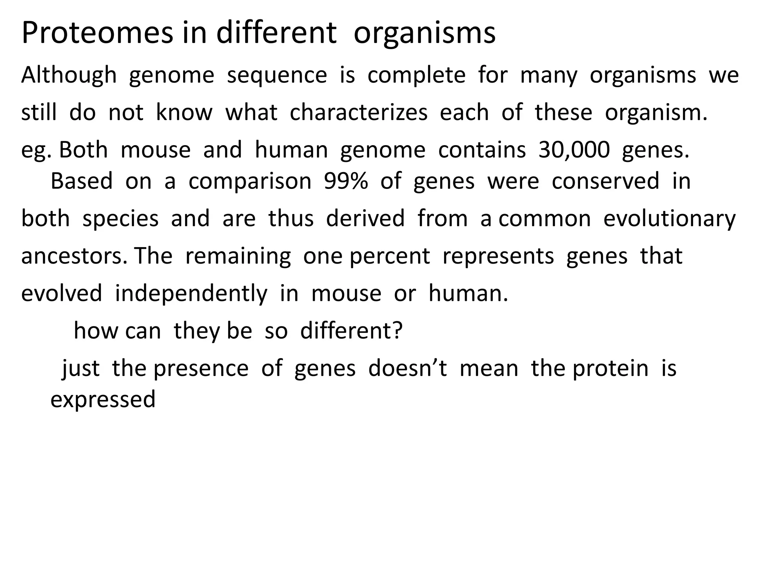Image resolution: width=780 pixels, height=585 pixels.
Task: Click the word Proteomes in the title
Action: (97, 33)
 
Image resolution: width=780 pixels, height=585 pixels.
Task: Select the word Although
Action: (69, 75)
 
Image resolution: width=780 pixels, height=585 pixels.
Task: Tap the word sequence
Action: (277, 75)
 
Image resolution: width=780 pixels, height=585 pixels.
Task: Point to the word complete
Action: (416, 75)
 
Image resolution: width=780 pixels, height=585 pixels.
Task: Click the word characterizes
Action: (358, 113)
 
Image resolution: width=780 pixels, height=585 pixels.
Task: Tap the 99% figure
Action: (346, 181)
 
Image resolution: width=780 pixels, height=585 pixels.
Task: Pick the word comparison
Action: (250, 182)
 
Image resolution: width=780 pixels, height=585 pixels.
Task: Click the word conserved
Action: (605, 181)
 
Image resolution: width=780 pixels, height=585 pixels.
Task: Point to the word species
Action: (120, 219)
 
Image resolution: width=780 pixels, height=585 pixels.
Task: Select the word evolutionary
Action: (670, 219)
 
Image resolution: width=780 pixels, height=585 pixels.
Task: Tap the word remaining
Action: (238, 256)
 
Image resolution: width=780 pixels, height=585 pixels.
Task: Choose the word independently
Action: (191, 294)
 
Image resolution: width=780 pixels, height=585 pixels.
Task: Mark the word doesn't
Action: (407, 368)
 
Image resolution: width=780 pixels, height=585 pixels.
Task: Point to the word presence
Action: (201, 368)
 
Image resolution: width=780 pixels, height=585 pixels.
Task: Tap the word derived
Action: (365, 219)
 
